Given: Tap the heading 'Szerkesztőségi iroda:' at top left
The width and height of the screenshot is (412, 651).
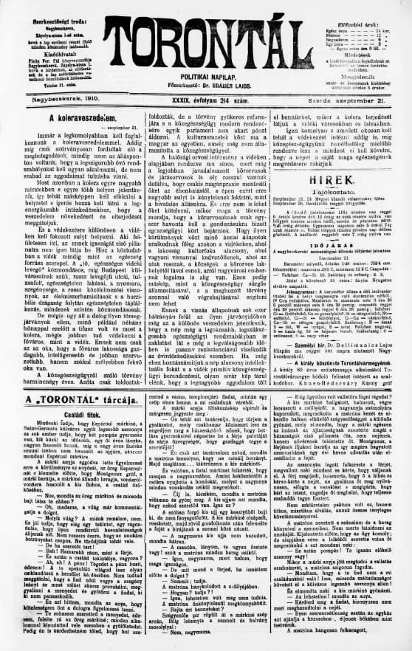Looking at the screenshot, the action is [x=44, y=7].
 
